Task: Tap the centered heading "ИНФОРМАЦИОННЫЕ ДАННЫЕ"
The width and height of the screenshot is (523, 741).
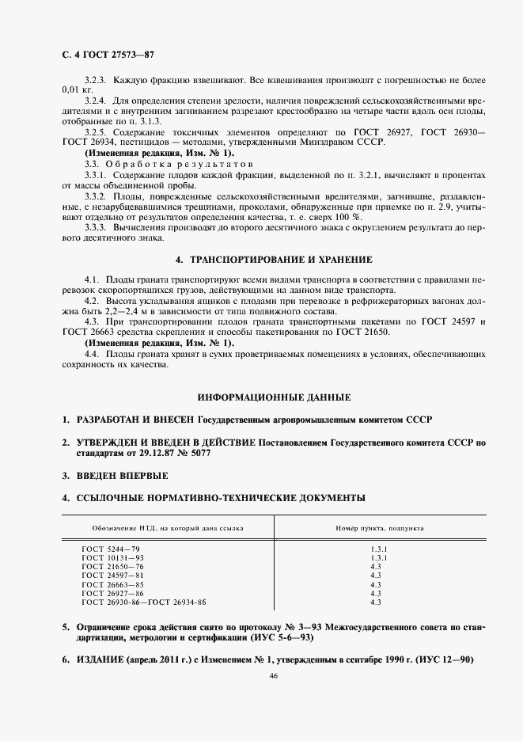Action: click(273, 396)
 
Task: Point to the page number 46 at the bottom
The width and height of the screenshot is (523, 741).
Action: click(273, 675)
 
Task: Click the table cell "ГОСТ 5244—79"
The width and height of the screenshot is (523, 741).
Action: click(111, 549)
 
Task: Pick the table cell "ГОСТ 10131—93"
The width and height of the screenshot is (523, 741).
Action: click(112, 557)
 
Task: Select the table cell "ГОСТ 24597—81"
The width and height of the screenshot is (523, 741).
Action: click(112, 576)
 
